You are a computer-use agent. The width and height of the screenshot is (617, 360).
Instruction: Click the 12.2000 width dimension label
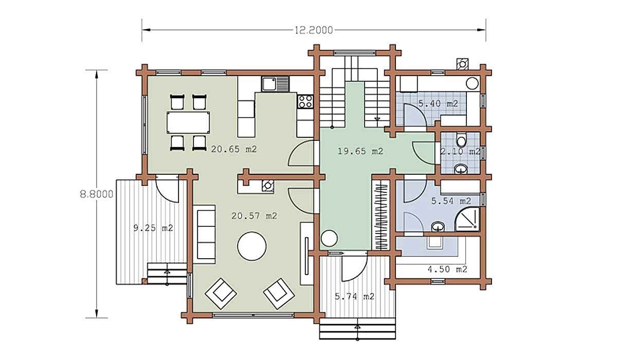pyautogui.click(x=314, y=30)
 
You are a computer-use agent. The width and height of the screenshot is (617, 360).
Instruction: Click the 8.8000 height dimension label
pyautogui.click(x=97, y=194)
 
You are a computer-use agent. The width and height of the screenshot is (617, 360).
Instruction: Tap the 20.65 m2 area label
pyautogui.click(x=234, y=149)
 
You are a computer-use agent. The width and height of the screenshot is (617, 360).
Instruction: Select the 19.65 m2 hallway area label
pyautogui.click(x=360, y=151)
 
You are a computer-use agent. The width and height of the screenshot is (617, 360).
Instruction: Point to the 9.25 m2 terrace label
pyautogui.click(x=153, y=228)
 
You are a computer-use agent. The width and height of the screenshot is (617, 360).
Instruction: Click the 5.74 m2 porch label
pyautogui.click(x=354, y=297)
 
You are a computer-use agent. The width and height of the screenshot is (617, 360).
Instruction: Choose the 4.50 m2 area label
pyautogui.click(x=447, y=269)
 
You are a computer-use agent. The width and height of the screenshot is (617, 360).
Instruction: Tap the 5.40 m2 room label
pyautogui.click(x=438, y=103)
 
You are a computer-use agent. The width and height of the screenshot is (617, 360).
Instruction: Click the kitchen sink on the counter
pyautogui.click(x=275, y=84)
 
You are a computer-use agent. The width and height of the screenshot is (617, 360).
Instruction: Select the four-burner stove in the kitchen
pyautogui.click(x=305, y=101)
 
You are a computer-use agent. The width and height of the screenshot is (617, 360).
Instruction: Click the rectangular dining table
pyautogui.click(x=188, y=122)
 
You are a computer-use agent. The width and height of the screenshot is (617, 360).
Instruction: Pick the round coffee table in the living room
pyautogui.click(x=252, y=246)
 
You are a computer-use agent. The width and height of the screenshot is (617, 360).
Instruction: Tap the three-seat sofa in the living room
pyautogui.click(x=204, y=235)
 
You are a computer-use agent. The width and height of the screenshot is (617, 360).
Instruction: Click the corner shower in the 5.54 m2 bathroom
pyautogui.click(x=467, y=219)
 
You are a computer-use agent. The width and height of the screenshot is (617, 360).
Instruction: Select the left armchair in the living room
pyautogui.click(x=221, y=294)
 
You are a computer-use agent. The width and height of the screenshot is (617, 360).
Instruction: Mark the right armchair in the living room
pyautogui.click(x=279, y=294)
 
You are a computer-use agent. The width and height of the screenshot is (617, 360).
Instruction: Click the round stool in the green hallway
pyautogui.click(x=329, y=238)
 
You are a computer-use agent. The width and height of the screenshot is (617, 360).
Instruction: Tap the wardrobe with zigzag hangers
pyautogui.click(x=381, y=215)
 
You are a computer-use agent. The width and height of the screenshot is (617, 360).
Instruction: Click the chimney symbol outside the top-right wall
pyautogui.click(x=462, y=64)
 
